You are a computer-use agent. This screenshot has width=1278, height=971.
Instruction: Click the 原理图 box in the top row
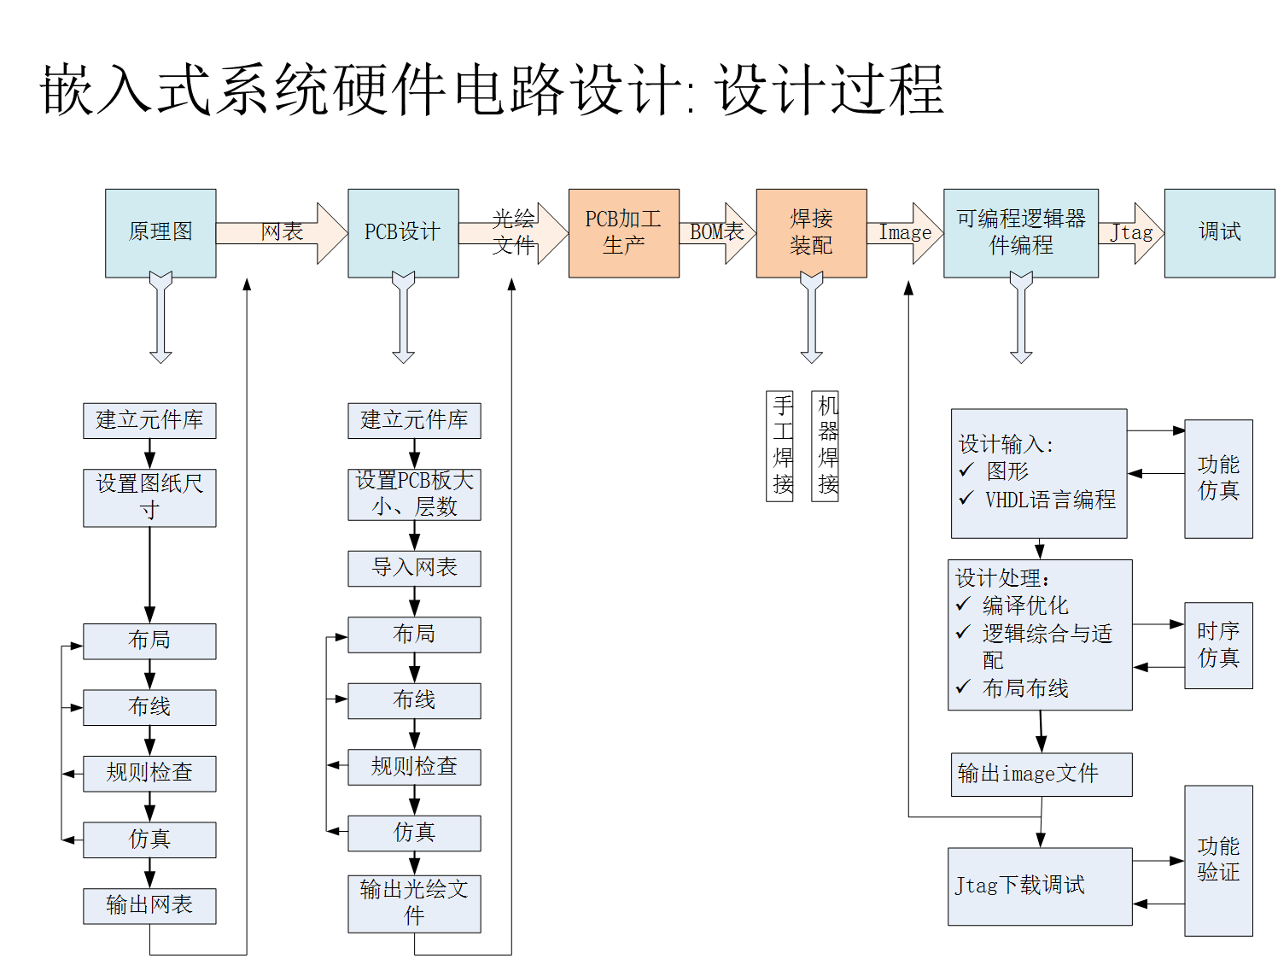(x=160, y=232)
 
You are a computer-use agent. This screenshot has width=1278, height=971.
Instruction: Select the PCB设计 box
(x=403, y=232)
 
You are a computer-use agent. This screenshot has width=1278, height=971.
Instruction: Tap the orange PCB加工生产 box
(x=623, y=232)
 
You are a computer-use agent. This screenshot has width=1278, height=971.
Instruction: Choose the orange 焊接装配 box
(x=811, y=232)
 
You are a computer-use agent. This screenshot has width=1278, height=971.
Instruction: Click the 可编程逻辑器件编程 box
(x=1020, y=232)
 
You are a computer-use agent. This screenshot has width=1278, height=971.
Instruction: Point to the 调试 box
(x=1219, y=232)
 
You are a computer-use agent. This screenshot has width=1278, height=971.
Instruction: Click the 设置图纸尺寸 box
(x=149, y=497)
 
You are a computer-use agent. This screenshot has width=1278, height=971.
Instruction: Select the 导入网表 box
(x=414, y=568)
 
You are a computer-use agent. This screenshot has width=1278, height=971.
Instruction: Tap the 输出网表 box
(x=149, y=905)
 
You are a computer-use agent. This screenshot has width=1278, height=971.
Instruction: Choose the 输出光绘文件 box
(x=414, y=903)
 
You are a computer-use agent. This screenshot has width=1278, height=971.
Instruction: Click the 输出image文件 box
(x=1042, y=774)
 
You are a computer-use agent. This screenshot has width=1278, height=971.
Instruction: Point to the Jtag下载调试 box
(x=1040, y=886)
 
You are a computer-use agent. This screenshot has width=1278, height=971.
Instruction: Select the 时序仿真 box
(x=1218, y=645)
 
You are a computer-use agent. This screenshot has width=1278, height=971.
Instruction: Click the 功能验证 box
(x=1218, y=860)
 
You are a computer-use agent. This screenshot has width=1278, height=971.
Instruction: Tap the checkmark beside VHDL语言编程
(x=966, y=498)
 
